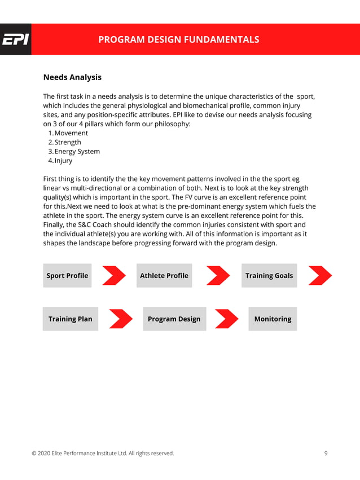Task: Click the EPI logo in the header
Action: click(15, 39)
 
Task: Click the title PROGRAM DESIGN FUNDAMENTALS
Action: click(179, 39)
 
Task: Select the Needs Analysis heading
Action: click(72, 77)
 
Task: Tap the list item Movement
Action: click(71, 133)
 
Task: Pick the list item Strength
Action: click(67, 142)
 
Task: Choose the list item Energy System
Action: click(77, 151)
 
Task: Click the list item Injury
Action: click(63, 160)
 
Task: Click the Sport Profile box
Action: click(67, 275)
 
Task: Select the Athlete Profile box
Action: click(164, 275)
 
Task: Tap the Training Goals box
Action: click(269, 275)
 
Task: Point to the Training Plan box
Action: click(70, 319)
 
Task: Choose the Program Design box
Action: click(174, 319)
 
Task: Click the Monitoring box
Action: click(273, 319)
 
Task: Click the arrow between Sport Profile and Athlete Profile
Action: click(114, 275)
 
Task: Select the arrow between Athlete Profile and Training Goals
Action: click(218, 275)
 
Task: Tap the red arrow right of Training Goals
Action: click(320, 275)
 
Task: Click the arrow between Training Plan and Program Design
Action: click(120, 319)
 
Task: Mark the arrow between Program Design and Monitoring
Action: click(227, 319)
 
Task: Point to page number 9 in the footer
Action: click(326, 453)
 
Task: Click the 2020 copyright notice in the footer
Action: click(103, 453)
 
